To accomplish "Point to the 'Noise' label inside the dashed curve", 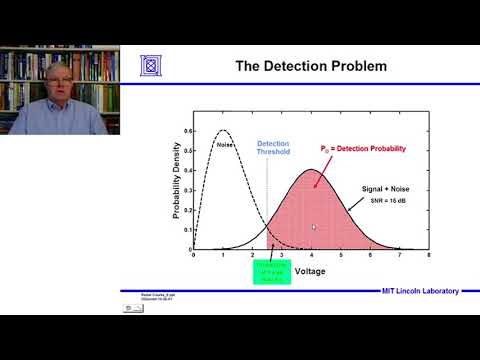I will pyautogui.click(x=225, y=146).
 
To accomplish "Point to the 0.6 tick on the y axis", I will pyautogui.click(x=185, y=131).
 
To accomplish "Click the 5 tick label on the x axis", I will pyautogui.click(x=340, y=256).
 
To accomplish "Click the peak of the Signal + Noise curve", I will pyautogui.click(x=311, y=171).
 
